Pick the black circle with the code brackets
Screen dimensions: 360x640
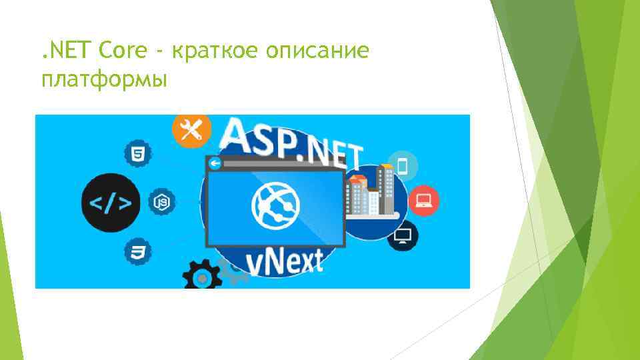pyautogui.click(x=111, y=203)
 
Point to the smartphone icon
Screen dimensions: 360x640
pyautogui.click(x=403, y=165)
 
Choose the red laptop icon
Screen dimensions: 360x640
pyautogui.click(x=423, y=199)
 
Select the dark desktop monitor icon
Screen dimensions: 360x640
pyautogui.click(x=403, y=235)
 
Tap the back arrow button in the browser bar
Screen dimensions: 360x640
pyautogui.click(x=215, y=163)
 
